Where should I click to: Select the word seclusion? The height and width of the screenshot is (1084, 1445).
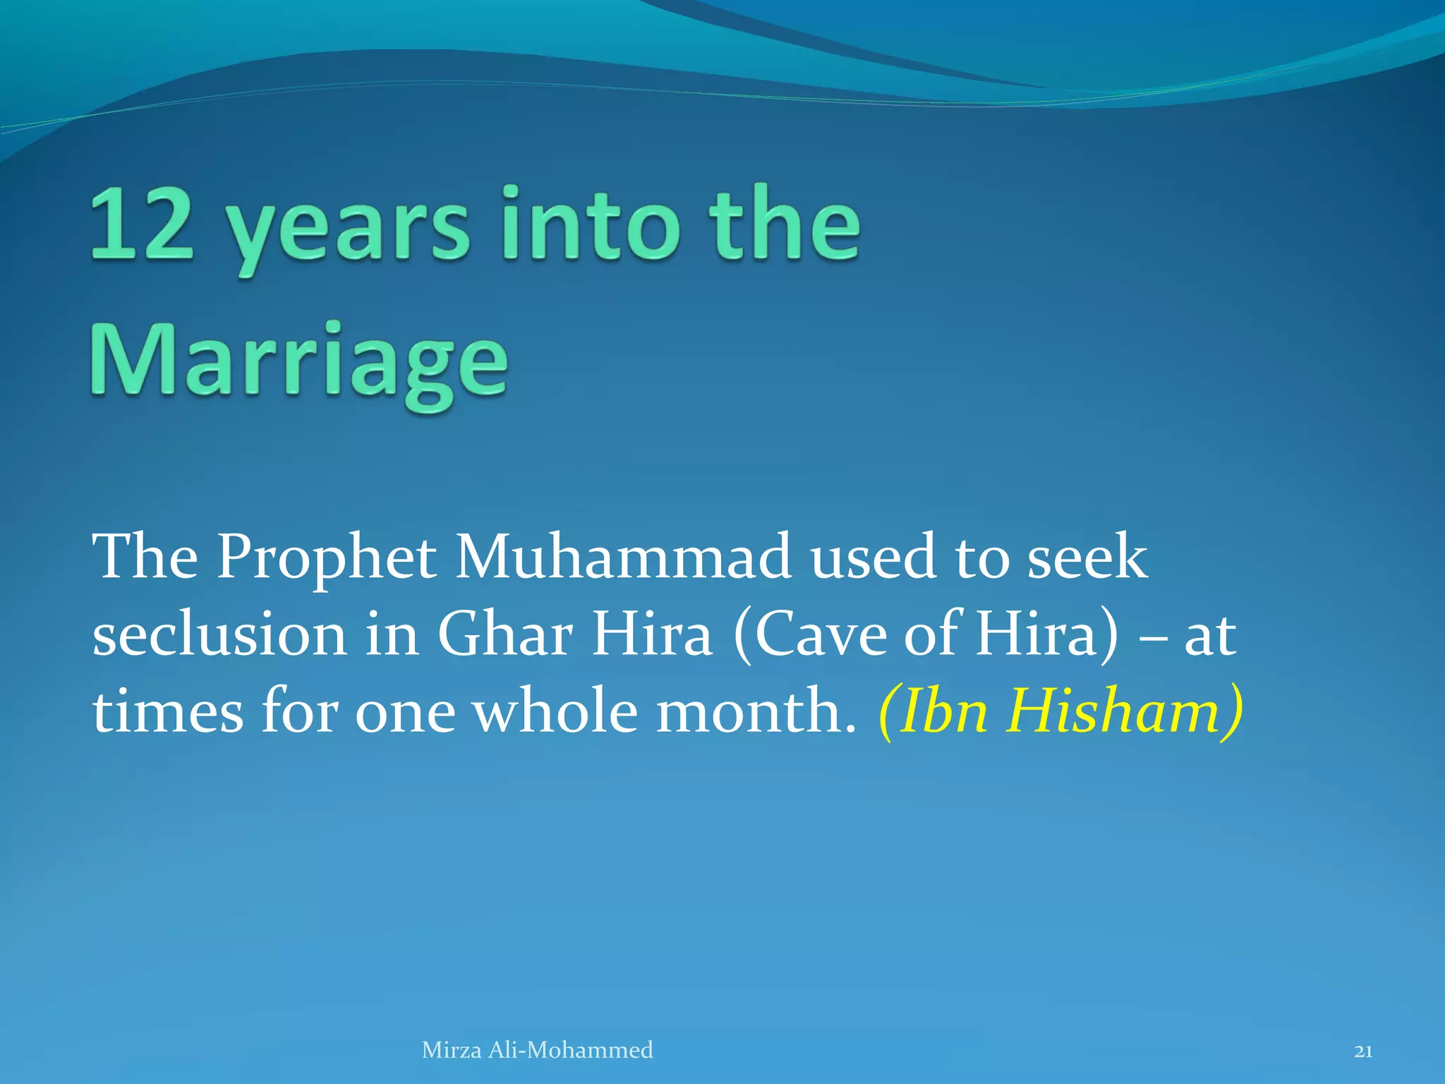click(x=219, y=634)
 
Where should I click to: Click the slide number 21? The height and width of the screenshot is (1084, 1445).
click(x=1363, y=1052)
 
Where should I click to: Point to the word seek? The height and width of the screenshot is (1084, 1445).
click(x=1087, y=558)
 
